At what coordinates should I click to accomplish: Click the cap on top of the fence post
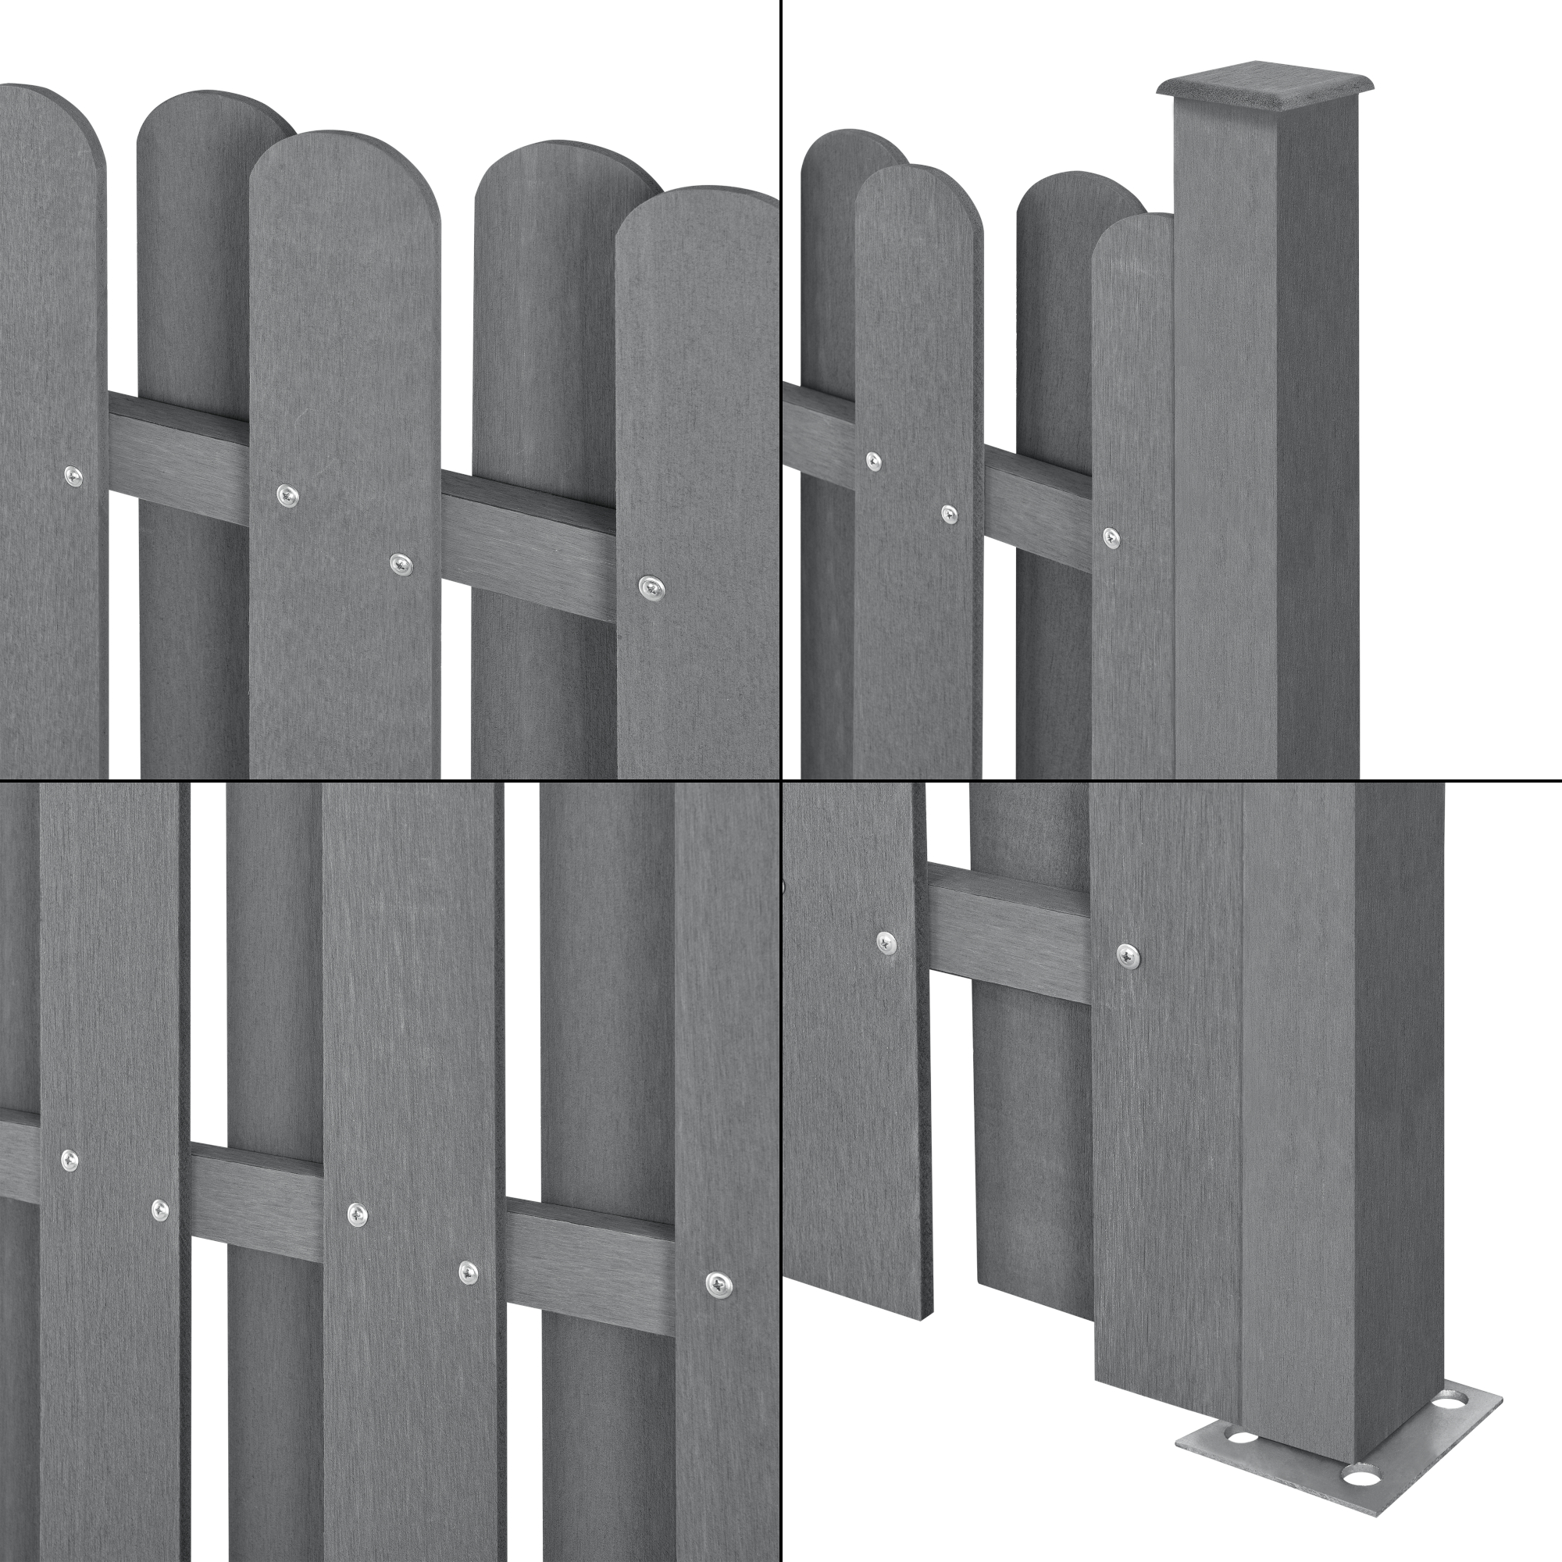pos(1265,92)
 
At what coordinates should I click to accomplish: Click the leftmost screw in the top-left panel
pos(73,477)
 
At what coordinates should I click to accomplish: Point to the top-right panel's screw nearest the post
pos(1111,537)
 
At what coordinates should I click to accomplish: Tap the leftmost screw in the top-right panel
pos(873,462)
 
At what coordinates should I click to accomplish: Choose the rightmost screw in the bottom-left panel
pos(718,1283)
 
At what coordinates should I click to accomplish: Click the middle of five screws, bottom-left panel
pos(358,1214)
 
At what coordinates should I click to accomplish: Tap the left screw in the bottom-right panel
pos(887,941)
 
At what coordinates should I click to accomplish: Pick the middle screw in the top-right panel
pos(950,512)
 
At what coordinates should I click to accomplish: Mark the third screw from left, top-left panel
pos(400,564)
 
